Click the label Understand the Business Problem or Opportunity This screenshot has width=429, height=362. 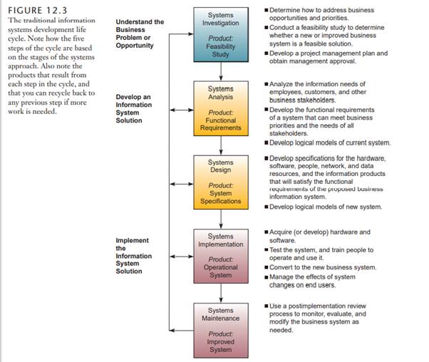(x=139, y=33)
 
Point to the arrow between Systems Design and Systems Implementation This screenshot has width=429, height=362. (x=221, y=218)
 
